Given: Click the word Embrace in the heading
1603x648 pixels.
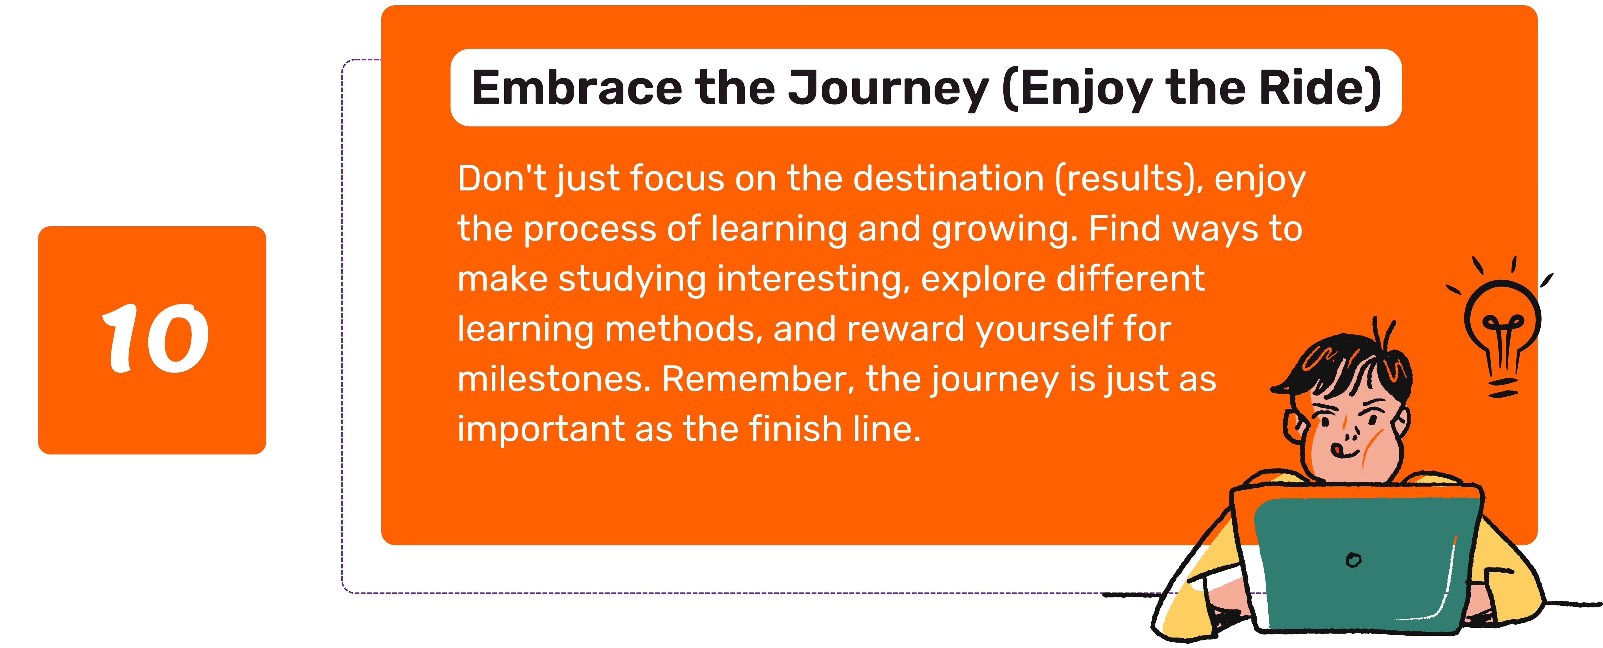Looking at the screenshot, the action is click(577, 88).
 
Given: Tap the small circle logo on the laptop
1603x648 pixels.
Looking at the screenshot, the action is click(1354, 560).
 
